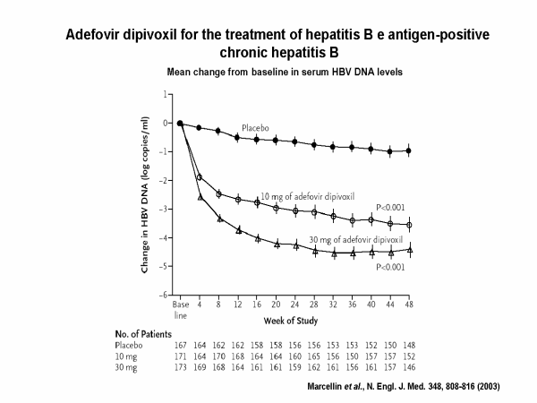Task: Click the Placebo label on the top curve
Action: [257, 128]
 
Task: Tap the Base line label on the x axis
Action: [180, 310]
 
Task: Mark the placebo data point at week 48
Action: [409, 150]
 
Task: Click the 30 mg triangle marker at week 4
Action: [200, 196]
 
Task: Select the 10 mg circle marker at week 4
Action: [200, 177]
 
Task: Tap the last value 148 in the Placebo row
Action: [409, 344]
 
